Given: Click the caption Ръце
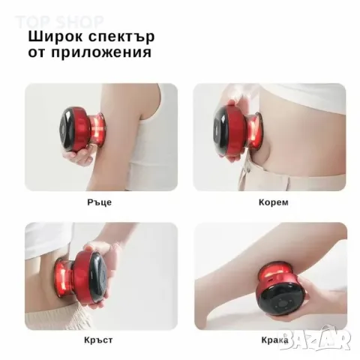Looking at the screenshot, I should coord(101,202).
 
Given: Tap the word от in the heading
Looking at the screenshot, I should coord(38,53).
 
